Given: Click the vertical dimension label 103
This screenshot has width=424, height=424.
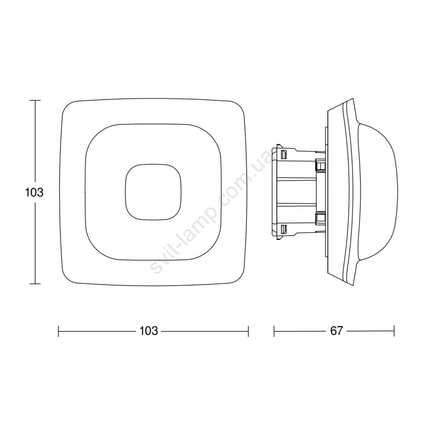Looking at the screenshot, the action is coord(34,193).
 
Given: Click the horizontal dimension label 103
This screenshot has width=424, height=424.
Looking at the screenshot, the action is coord(149,331).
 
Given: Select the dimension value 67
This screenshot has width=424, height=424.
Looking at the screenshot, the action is coord(336,331).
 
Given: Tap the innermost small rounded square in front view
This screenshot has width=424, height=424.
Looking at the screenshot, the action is coord(153,192).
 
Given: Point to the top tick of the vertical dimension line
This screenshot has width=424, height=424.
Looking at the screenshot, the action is coord(35,100).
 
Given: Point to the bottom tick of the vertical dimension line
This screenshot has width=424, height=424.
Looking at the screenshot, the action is coord(35,284).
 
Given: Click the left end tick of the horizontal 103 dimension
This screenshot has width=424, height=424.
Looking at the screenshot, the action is coord(58,331).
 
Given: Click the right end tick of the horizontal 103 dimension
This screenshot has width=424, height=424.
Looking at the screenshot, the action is coord(248,331).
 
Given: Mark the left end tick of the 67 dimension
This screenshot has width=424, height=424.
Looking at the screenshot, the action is coord(274,331).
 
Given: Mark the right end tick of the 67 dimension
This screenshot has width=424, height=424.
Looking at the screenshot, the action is coord(394,331).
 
